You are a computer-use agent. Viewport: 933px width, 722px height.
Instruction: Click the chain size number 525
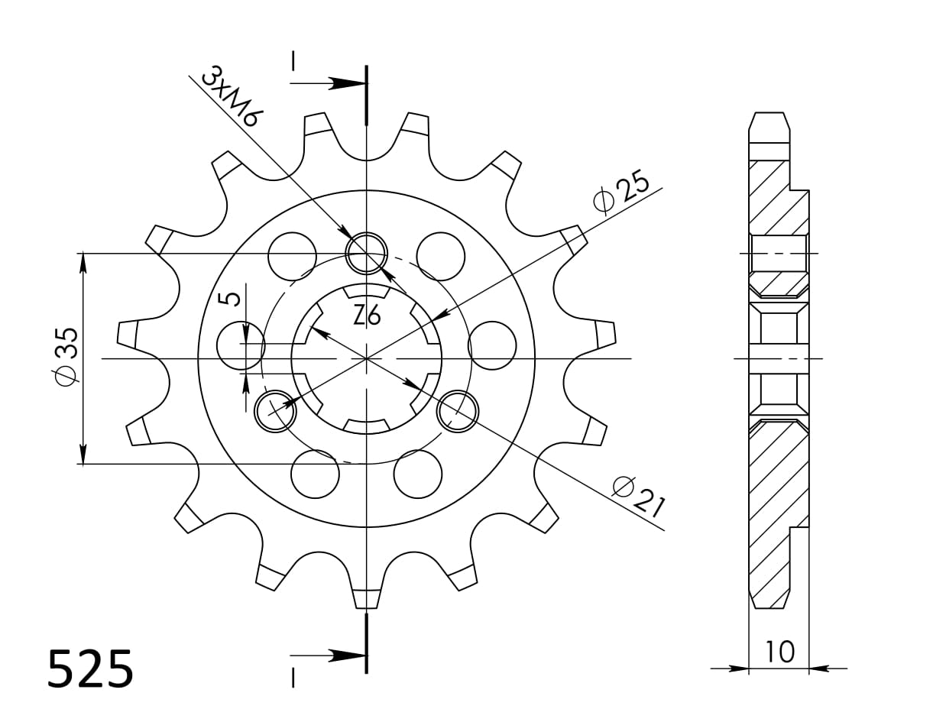(x=90, y=670)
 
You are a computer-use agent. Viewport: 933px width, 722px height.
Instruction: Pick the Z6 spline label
(x=367, y=314)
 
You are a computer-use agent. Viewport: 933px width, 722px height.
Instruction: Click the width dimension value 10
(x=779, y=652)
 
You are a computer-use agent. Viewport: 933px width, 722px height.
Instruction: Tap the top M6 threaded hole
(x=367, y=252)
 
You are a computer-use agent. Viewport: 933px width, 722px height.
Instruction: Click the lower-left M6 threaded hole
(x=275, y=413)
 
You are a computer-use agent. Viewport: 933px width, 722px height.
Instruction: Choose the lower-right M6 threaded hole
(x=457, y=411)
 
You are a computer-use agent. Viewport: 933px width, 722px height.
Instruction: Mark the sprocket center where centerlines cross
(x=367, y=358)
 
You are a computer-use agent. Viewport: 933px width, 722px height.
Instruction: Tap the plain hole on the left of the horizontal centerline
(x=241, y=345)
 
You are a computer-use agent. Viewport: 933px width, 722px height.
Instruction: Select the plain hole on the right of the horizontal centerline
(x=492, y=345)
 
